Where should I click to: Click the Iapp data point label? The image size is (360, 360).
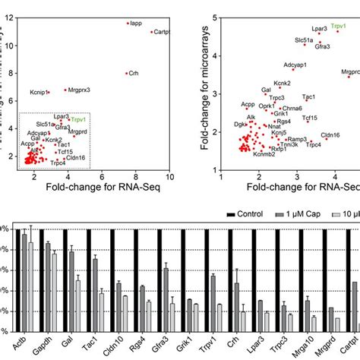[137, 23]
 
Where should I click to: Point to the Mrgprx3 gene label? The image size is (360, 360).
[79, 90]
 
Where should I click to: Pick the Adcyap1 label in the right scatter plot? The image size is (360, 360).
[297, 65]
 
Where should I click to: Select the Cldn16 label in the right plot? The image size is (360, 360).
[330, 134]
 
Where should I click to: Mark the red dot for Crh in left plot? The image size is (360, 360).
[126, 74]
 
